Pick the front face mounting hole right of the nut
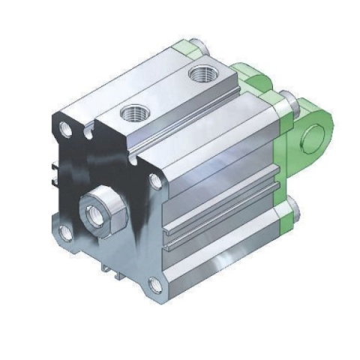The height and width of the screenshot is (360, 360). click(155, 181)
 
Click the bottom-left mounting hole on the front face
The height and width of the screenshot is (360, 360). click(66, 233)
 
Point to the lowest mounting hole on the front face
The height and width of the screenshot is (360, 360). click(155, 284)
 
